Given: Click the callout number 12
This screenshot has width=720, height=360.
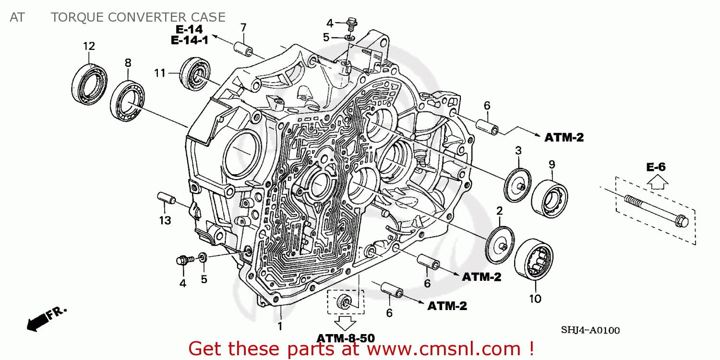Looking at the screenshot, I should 89,47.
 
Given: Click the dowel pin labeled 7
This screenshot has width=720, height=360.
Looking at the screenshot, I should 243,50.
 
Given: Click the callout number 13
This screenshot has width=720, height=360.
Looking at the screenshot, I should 165,220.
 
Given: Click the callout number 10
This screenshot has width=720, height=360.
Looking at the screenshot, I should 535,299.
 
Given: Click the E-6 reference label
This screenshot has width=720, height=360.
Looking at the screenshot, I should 656,167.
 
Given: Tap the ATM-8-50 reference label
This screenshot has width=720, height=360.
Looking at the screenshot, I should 346,338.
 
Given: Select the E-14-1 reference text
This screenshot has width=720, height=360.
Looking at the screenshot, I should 190,40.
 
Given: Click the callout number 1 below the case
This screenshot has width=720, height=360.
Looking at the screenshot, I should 280,326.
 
